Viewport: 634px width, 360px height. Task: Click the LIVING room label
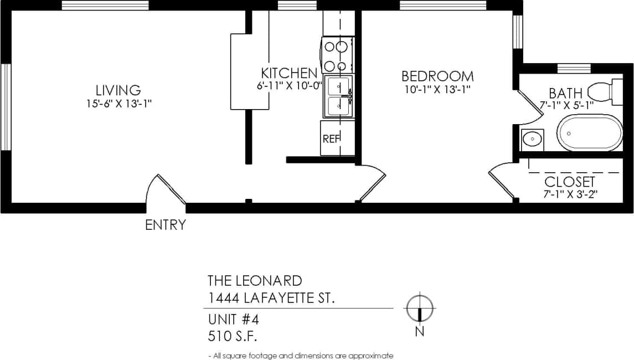click(x=118, y=90)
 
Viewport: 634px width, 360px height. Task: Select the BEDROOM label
click(x=437, y=76)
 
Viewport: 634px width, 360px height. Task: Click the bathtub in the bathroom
click(x=590, y=133)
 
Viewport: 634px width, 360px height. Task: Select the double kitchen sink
click(x=338, y=96)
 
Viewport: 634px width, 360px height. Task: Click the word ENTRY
click(x=165, y=225)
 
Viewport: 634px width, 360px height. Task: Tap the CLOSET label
click(x=570, y=182)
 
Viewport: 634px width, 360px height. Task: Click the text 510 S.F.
click(x=233, y=336)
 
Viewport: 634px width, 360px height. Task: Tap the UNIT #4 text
click(x=233, y=320)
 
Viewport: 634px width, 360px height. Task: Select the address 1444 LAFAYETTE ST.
click(x=271, y=299)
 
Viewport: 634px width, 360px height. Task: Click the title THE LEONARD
click(x=255, y=280)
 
